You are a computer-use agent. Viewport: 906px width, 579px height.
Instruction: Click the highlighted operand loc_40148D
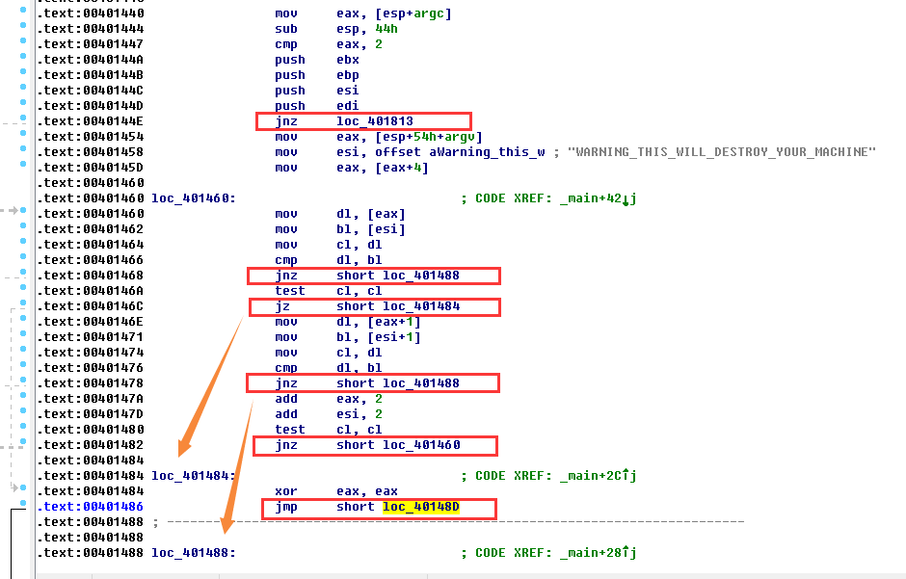click(421, 507)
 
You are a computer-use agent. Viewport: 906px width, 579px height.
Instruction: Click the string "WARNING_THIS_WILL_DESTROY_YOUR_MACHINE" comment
click(722, 152)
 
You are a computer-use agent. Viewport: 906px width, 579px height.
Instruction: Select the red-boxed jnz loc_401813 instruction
click(363, 121)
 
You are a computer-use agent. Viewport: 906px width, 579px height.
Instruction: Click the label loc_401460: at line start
click(194, 198)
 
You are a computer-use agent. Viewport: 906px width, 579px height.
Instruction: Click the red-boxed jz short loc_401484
click(375, 306)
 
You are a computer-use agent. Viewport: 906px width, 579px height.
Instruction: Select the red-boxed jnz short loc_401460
click(375, 445)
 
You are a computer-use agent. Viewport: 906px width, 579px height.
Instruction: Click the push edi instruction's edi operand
click(348, 106)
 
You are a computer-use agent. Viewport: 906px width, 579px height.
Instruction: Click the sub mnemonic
click(286, 29)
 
